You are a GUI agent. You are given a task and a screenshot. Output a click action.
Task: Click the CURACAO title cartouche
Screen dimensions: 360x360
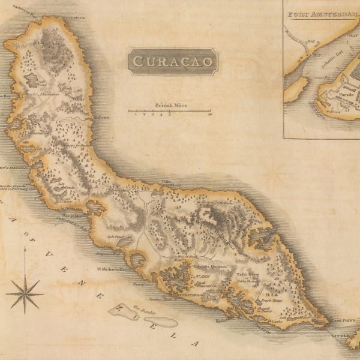tap(172, 62)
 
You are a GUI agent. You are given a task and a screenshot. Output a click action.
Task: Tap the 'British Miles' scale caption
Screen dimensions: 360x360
tap(170, 104)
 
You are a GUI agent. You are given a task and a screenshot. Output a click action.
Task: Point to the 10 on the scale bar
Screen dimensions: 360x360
tap(209, 115)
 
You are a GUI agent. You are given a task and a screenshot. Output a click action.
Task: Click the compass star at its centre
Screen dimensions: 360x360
tap(25, 294)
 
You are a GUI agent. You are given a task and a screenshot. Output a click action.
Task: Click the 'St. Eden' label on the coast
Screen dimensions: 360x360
tap(103, 117)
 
